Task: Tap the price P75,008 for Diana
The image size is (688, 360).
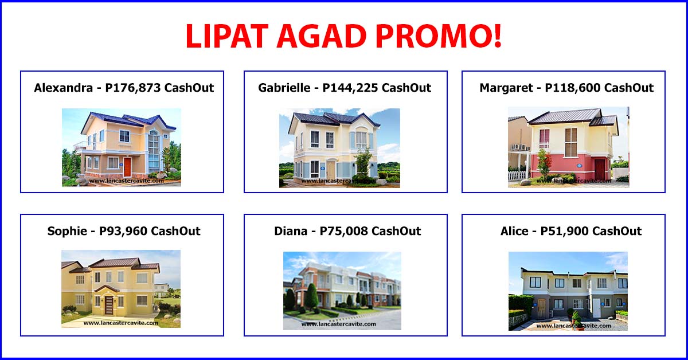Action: pyautogui.click(x=344, y=232)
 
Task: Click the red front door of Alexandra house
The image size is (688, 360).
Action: pyautogui.click(x=127, y=167)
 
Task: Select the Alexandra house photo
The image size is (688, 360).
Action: pyautogui.click(x=121, y=147)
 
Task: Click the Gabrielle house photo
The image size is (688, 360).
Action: pyautogui.click(x=339, y=148)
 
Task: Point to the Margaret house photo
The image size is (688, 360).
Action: pyautogui.click(x=568, y=147)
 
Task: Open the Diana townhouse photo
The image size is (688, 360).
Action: pyautogui.click(x=342, y=291)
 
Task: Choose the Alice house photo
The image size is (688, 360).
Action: pyautogui.click(x=568, y=291)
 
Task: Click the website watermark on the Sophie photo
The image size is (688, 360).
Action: pyautogui.click(x=120, y=323)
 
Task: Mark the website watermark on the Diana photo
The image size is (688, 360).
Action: pyautogui.click(x=338, y=324)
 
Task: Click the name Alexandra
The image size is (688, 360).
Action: pyautogui.click(x=63, y=88)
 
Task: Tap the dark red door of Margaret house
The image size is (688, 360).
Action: pyautogui.click(x=599, y=169)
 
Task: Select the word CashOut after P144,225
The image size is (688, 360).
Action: pyautogui.click(x=406, y=88)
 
